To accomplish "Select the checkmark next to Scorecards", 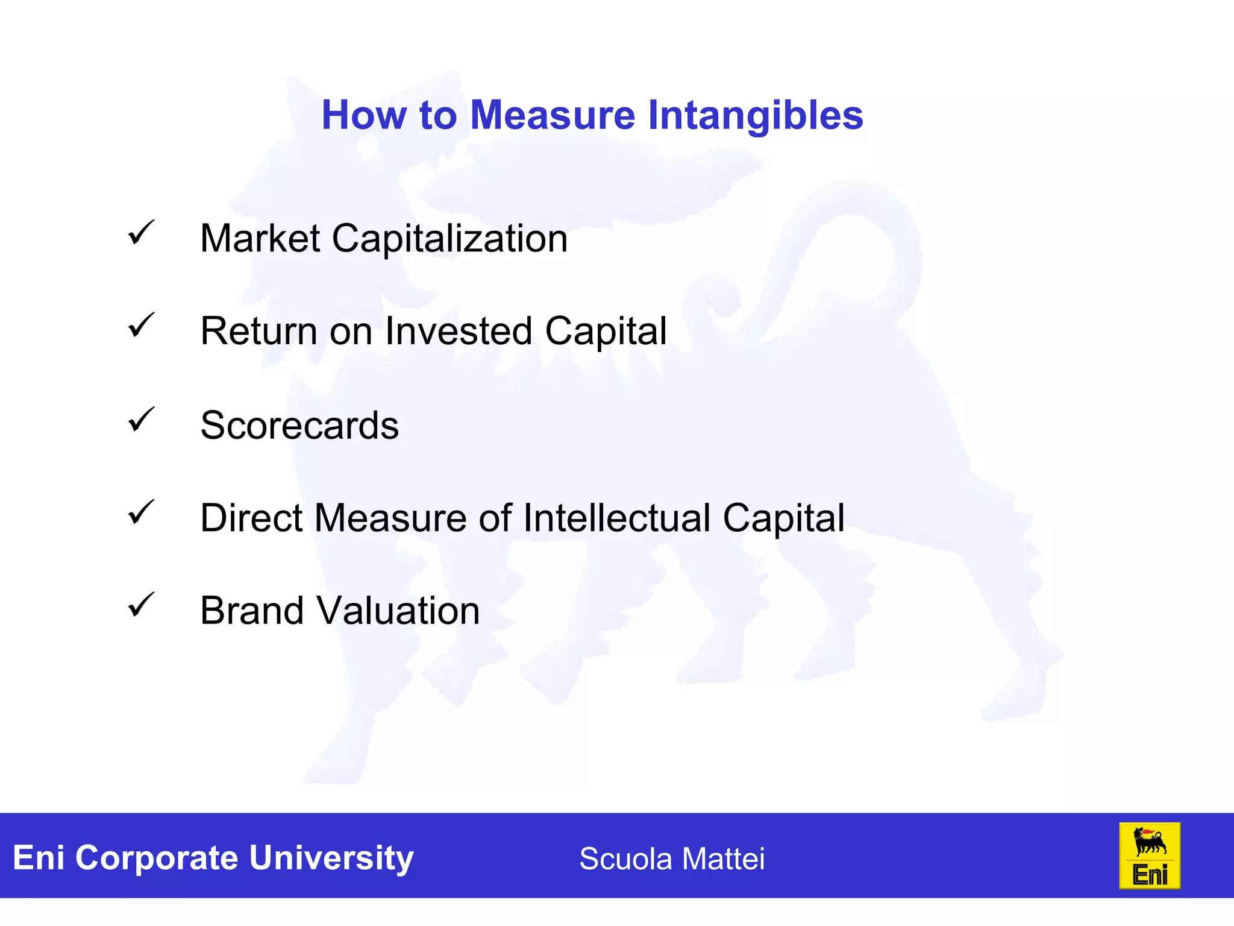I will (x=142, y=420).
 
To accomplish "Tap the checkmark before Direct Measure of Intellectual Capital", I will (x=142, y=512).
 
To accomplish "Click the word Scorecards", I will (x=299, y=426).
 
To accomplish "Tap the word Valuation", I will (x=398, y=611).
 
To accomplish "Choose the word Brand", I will (x=252, y=611).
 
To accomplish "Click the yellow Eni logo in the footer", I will (x=1149, y=856).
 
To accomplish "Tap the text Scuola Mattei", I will (x=672, y=858).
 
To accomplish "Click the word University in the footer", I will (x=331, y=858).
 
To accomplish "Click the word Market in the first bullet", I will (x=260, y=239).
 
